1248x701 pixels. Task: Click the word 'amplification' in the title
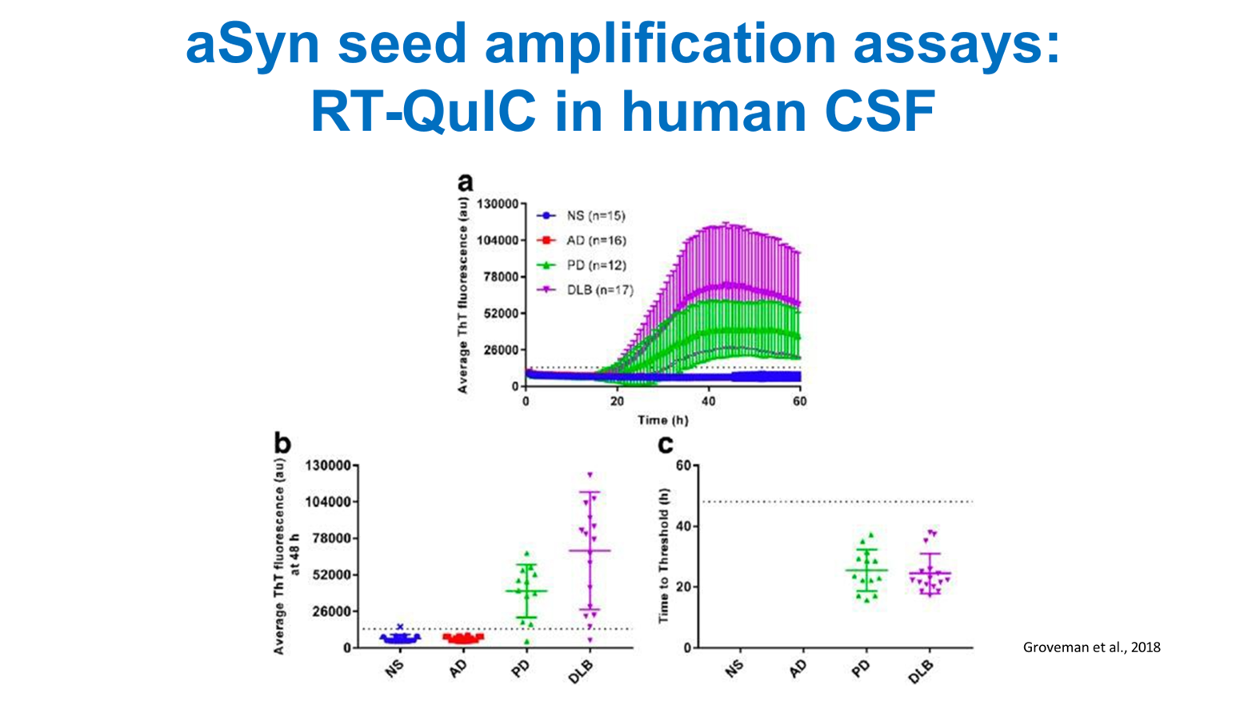point(660,44)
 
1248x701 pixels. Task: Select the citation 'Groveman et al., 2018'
point(1091,647)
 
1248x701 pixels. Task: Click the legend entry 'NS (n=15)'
point(595,216)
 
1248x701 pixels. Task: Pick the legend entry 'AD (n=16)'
point(595,241)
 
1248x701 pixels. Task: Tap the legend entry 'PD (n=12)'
point(595,265)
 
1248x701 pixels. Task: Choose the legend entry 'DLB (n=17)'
point(599,290)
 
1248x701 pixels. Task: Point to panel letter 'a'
point(465,182)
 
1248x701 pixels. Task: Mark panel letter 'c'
point(665,444)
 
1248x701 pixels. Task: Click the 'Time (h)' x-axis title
point(662,420)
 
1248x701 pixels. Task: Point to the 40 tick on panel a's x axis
point(708,400)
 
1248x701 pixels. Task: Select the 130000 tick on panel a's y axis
point(497,204)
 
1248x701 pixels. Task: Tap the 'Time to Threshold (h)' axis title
point(663,556)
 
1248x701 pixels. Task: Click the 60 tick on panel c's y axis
point(682,465)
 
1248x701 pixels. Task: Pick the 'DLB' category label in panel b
point(582,671)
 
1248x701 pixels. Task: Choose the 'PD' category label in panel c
point(861,668)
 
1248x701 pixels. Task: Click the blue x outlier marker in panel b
point(400,627)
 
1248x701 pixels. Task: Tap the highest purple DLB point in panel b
point(590,475)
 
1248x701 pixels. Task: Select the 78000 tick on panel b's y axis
point(330,539)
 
